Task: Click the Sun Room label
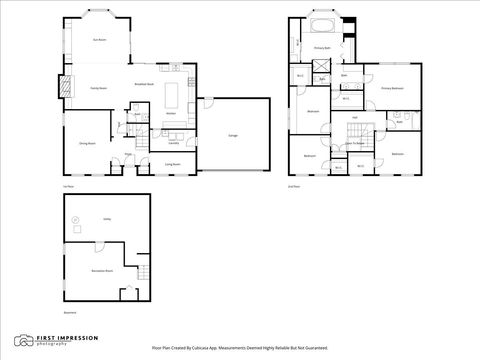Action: click(x=100, y=40)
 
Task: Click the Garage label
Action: click(x=233, y=133)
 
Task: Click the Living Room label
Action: click(x=172, y=163)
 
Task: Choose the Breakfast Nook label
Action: click(x=143, y=84)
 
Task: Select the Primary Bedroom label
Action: click(x=391, y=89)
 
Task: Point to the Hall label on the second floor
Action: click(x=355, y=118)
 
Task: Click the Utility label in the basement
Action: click(x=106, y=218)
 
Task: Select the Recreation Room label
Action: click(x=100, y=270)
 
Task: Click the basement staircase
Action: click(x=127, y=293)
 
